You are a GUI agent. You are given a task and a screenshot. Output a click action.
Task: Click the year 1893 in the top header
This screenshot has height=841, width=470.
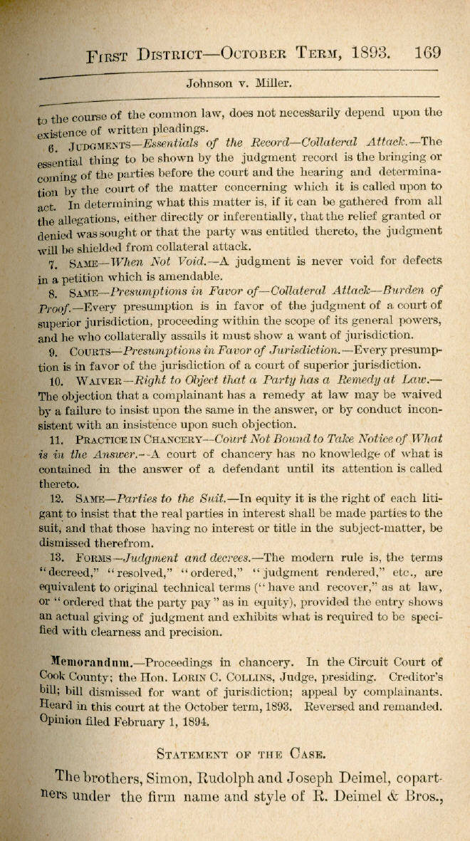pos(376,53)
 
